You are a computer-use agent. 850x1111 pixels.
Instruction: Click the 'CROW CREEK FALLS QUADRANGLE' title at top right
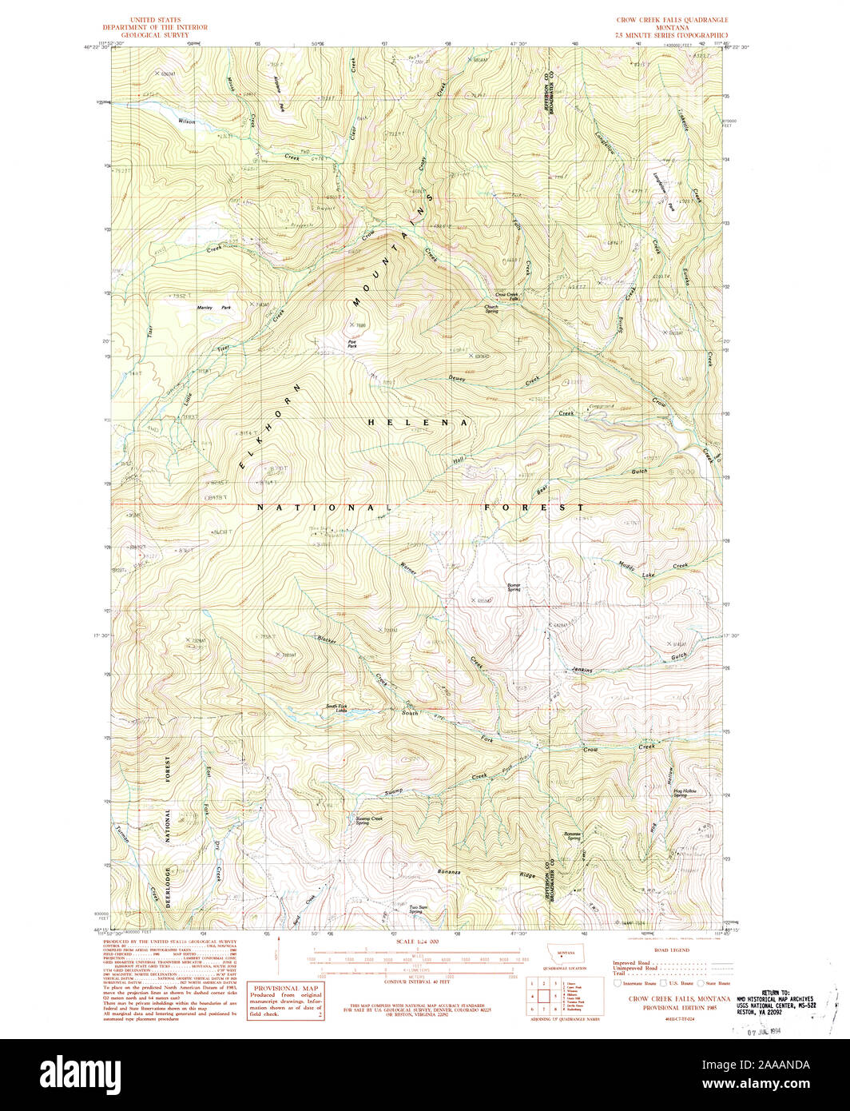pos(667,19)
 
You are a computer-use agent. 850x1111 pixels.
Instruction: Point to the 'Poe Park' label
pos(352,343)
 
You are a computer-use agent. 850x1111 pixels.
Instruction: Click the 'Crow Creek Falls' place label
pos(507,297)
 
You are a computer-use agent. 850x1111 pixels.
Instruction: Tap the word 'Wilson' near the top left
pos(187,121)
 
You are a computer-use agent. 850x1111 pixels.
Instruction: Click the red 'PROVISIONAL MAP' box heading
pos(285,989)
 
